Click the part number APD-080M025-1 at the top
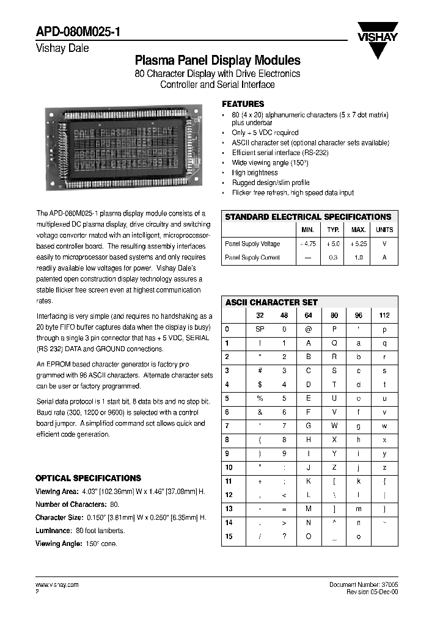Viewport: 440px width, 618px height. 76,33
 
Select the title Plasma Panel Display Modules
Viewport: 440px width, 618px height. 217,60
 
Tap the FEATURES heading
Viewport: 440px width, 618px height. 243,104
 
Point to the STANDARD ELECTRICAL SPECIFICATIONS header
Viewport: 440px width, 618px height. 308,217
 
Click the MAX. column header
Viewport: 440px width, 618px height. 358,230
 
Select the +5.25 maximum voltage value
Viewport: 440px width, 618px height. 358,244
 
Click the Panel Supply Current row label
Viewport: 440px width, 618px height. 252,258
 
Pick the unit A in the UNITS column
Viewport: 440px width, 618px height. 384,258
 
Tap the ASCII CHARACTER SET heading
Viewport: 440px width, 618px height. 271,302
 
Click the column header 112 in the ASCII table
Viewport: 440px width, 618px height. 384,316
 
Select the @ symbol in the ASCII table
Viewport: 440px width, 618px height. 309,329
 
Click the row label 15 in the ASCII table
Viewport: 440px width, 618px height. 229,536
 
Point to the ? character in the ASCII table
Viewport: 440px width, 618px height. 284,536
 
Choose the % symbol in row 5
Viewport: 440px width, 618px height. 258,398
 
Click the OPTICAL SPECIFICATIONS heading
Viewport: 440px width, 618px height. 88,478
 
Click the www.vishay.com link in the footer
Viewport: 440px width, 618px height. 57,584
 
